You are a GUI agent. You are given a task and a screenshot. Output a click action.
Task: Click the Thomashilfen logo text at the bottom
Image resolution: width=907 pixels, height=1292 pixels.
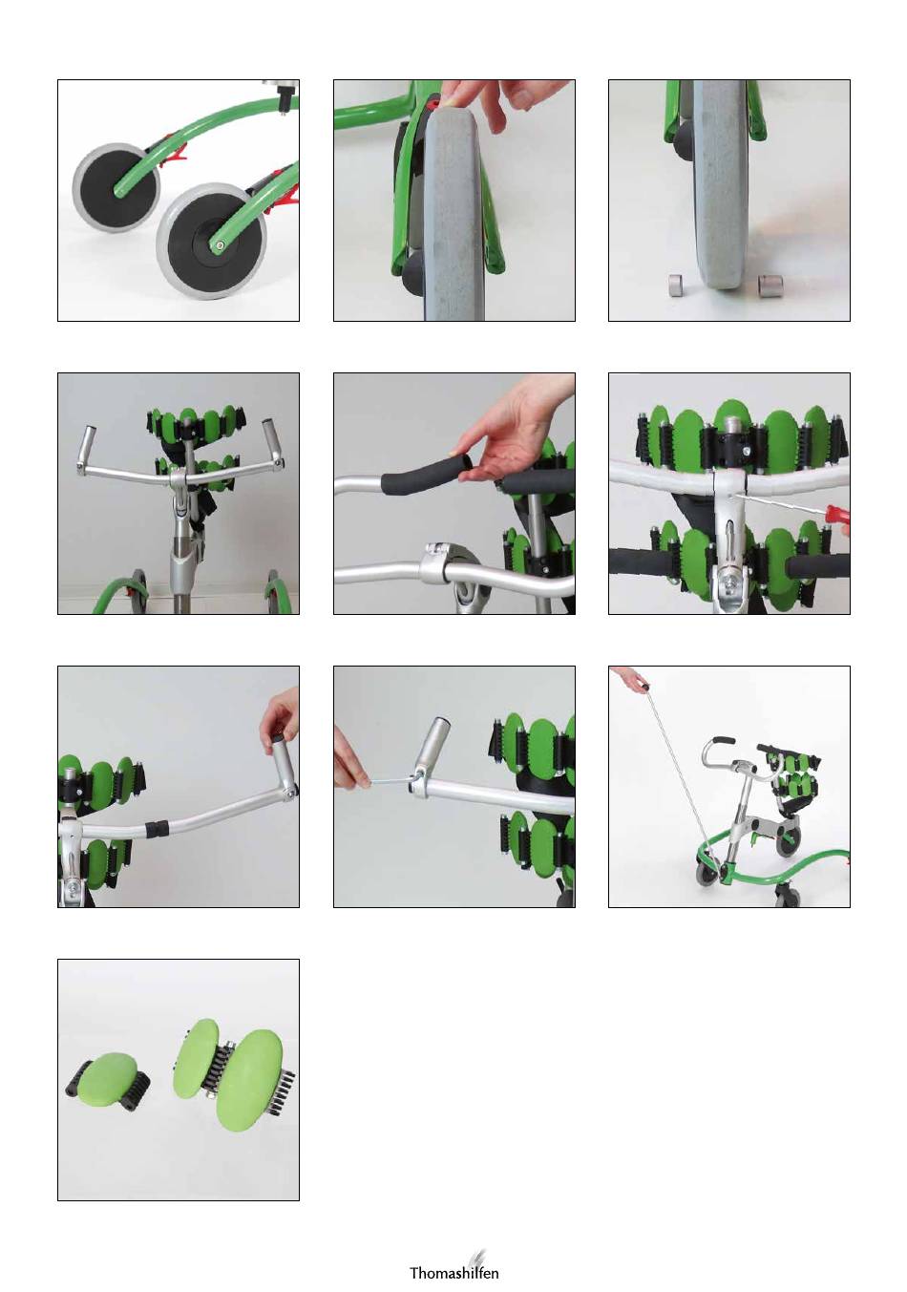point(453,1272)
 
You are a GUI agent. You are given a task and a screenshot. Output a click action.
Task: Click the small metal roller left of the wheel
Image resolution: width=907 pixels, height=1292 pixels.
point(674,286)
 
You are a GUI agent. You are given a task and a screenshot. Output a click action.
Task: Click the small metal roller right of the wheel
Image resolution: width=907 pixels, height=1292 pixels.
point(770,286)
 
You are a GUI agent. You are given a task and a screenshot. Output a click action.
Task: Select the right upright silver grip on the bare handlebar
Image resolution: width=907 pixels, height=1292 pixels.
point(270,442)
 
